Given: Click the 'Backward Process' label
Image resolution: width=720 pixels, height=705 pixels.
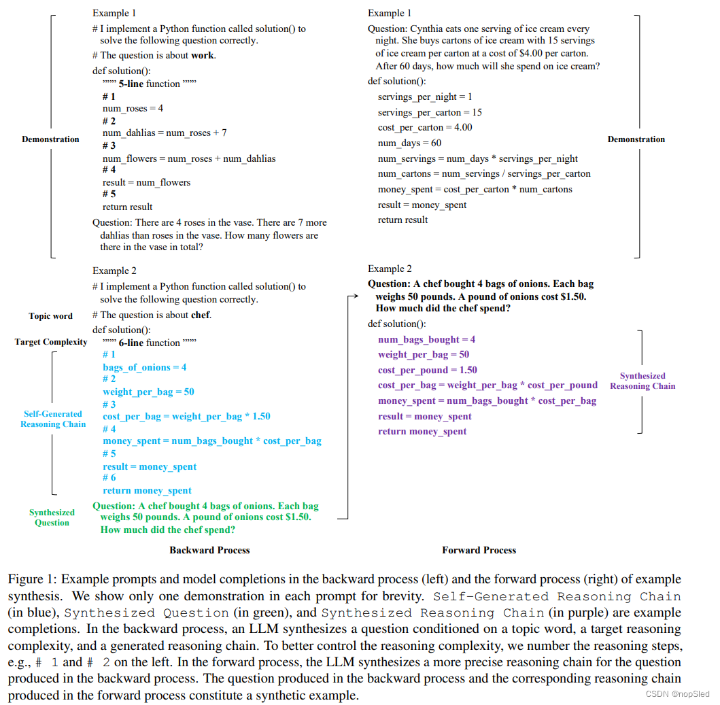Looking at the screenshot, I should (209, 550).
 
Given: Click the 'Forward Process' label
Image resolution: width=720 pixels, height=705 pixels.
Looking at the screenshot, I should (479, 550).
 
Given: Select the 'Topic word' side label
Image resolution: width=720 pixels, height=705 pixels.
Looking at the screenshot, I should (50, 316).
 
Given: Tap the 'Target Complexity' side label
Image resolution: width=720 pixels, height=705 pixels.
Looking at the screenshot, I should (51, 342).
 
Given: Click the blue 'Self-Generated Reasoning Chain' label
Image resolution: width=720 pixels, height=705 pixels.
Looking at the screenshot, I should (53, 419).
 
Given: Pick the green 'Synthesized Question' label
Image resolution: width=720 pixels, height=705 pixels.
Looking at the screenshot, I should (52, 517).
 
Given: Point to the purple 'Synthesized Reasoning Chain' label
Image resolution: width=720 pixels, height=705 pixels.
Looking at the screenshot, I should (642, 381).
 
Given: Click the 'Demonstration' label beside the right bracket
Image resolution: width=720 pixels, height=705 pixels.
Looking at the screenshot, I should (636, 139).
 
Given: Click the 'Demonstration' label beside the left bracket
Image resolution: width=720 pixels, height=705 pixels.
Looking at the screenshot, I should (50, 139).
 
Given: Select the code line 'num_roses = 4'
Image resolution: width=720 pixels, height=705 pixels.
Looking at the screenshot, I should (133, 109).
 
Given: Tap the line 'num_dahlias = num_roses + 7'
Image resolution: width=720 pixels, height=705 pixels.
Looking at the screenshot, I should (165, 133).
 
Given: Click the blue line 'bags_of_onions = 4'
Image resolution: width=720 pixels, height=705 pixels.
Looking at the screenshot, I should (144, 368).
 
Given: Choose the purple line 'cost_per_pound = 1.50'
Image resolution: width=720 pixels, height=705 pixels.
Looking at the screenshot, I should (427, 371).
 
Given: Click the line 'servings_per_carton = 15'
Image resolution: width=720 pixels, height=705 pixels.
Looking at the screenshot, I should (430, 112).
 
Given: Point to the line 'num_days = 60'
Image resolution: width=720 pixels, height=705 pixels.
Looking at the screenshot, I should (409, 143).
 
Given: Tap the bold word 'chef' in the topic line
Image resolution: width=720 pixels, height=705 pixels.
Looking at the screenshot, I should (201, 315).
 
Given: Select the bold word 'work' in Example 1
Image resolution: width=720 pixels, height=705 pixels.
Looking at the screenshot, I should (202, 56).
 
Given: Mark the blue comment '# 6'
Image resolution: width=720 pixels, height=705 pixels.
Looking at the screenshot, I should (109, 478).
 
